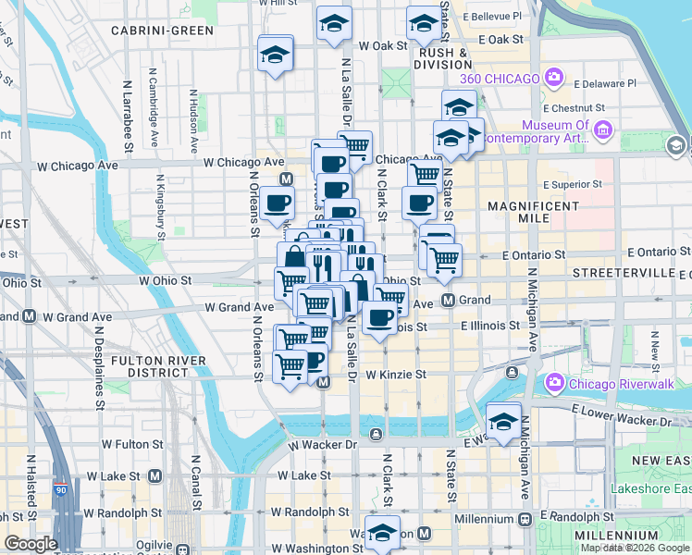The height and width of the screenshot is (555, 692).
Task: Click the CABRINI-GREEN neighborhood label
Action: point(162,30)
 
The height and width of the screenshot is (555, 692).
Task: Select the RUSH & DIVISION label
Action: point(445,58)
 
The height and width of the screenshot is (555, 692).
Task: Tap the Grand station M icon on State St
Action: point(447,300)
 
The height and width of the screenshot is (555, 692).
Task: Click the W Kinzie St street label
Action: point(395,375)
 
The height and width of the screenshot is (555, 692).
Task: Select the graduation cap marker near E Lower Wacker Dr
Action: point(503,421)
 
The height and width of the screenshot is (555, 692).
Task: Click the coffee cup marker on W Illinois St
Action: point(378,318)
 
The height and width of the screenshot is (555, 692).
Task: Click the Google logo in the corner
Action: point(31,543)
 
